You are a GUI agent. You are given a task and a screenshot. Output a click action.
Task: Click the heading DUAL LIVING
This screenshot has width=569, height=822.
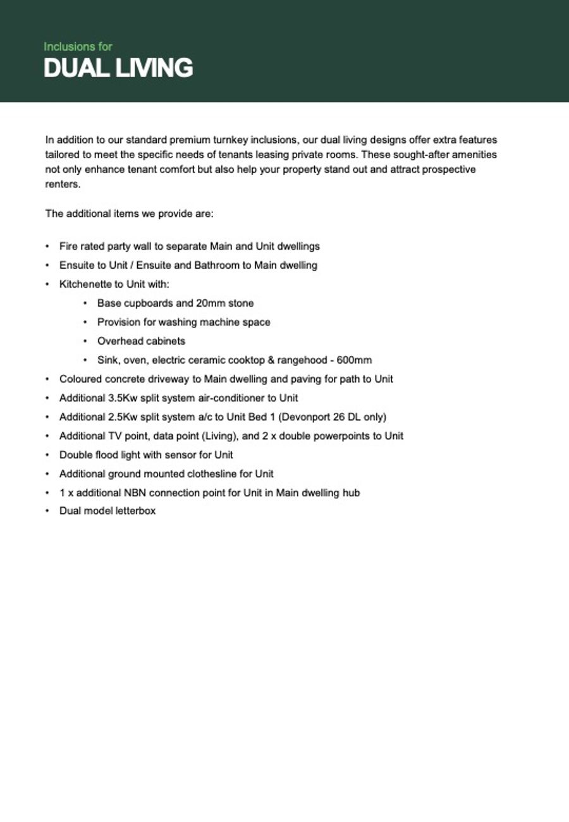pyautogui.click(x=118, y=68)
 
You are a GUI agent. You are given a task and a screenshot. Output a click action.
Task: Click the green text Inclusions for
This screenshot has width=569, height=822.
pyautogui.click(x=78, y=47)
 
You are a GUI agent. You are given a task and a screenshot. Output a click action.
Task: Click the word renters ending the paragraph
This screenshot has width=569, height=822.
pyautogui.click(x=63, y=185)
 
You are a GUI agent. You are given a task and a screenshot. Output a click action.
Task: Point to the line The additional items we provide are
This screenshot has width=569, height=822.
pyautogui.click(x=129, y=214)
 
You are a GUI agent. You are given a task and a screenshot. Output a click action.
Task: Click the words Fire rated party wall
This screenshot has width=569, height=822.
pyautogui.click(x=107, y=246)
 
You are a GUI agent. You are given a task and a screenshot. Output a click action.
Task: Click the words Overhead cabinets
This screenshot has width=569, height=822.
pyautogui.click(x=141, y=341)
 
